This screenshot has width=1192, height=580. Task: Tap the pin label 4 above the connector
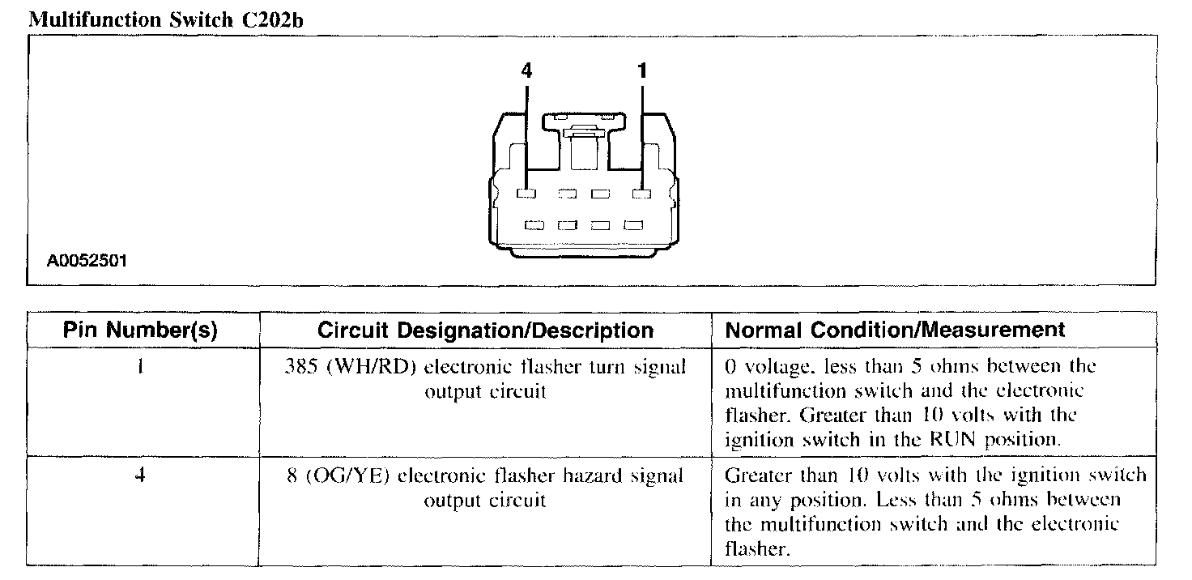[x=526, y=71]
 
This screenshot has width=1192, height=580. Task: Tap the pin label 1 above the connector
[x=642, y=71]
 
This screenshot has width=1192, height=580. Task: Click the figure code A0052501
[x=87, y=262]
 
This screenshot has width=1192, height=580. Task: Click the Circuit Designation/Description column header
[x=485, y=331]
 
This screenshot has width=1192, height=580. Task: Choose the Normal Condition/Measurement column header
[x=895, y=331]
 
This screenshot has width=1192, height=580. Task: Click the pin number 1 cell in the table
[x=140, y=366]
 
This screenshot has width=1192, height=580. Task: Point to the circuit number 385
[x=300, y=366]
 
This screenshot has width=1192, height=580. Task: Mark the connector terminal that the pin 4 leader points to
[x=526, y=194]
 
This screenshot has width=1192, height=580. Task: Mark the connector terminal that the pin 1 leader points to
[x=642, y=194]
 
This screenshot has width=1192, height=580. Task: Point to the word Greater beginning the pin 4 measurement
[x=760, y=475]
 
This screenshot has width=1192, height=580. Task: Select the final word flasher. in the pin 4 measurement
[x=757, y=549]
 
